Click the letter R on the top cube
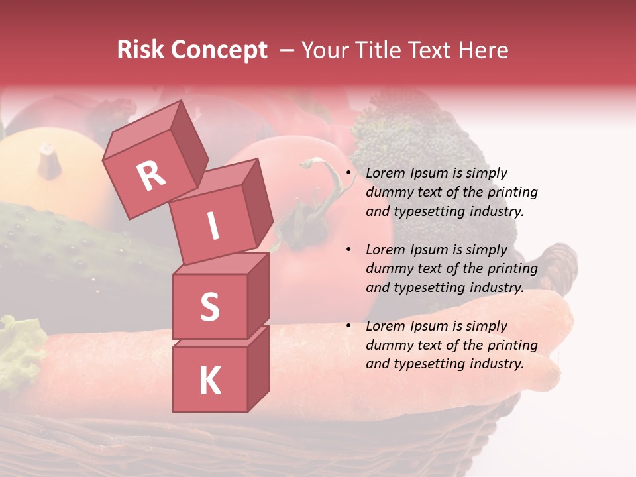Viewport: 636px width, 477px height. coord(151,176)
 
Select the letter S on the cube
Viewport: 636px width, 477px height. coord(209,307)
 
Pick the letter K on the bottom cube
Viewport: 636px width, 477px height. coord(209,381)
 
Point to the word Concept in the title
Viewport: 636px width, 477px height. coord(218,51)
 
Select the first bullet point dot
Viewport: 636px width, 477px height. coord(348,174)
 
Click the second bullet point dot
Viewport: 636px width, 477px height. coord(348,250)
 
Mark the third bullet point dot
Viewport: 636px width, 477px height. coord(348,327)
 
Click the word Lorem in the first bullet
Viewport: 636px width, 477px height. coord(385,174)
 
